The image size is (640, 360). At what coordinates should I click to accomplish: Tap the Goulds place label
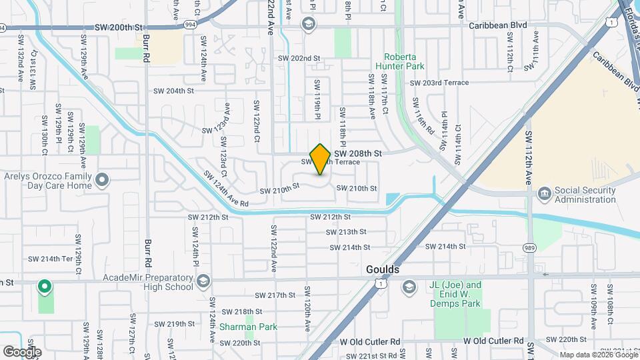(x=383, y=269)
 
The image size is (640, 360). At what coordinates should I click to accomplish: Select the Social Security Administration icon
(x=543, y=193)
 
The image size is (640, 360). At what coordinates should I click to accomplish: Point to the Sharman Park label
(x=249, y=327)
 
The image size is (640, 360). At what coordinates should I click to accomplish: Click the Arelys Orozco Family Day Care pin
(x=101, y=180)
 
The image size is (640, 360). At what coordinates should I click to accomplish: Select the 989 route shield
(x=531, y=248)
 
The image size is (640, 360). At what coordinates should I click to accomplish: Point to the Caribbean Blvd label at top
(x=497, y=25)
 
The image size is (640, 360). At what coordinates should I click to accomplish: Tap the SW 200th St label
(x=119, y=27)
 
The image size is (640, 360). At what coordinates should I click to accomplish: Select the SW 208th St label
(x=358, y=153)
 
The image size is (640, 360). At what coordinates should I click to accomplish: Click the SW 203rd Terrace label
(x=439, y=83)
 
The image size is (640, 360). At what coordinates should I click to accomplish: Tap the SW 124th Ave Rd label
(x=226, y=189)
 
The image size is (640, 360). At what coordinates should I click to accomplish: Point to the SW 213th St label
(x=347, y=232)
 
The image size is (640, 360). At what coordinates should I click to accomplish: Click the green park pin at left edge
(x=45, y=287)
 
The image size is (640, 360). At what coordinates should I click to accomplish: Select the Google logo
(x=22, y=351)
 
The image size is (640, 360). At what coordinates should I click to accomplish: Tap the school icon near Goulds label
(x=408, y=287)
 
